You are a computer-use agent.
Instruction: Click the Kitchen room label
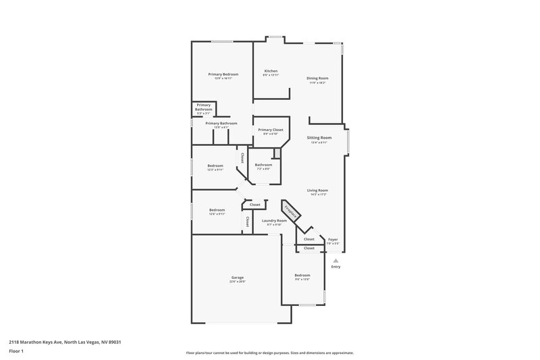coord(271,71)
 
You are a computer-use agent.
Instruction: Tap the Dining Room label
coord(317,78)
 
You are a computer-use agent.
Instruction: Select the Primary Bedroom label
coord(223,74)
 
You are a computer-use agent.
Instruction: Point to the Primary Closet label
coord(271,129)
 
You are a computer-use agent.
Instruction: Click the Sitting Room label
coord(319,137)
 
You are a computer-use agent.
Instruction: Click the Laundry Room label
coord(274,220)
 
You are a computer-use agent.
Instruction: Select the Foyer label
coord(333,239)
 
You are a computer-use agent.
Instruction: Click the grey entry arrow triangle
coord(335,259)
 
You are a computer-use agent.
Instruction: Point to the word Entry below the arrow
coord(335,267)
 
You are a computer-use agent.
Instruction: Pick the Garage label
coord(238,277)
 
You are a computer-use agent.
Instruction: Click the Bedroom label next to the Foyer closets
coord(302,275)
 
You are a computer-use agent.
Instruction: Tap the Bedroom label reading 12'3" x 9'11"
coord(215,165)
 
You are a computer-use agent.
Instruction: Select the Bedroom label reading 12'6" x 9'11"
coord(217,209)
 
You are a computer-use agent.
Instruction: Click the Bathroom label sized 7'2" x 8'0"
coord(263,165)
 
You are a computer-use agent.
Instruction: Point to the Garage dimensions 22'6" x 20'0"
coord(238,281)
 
